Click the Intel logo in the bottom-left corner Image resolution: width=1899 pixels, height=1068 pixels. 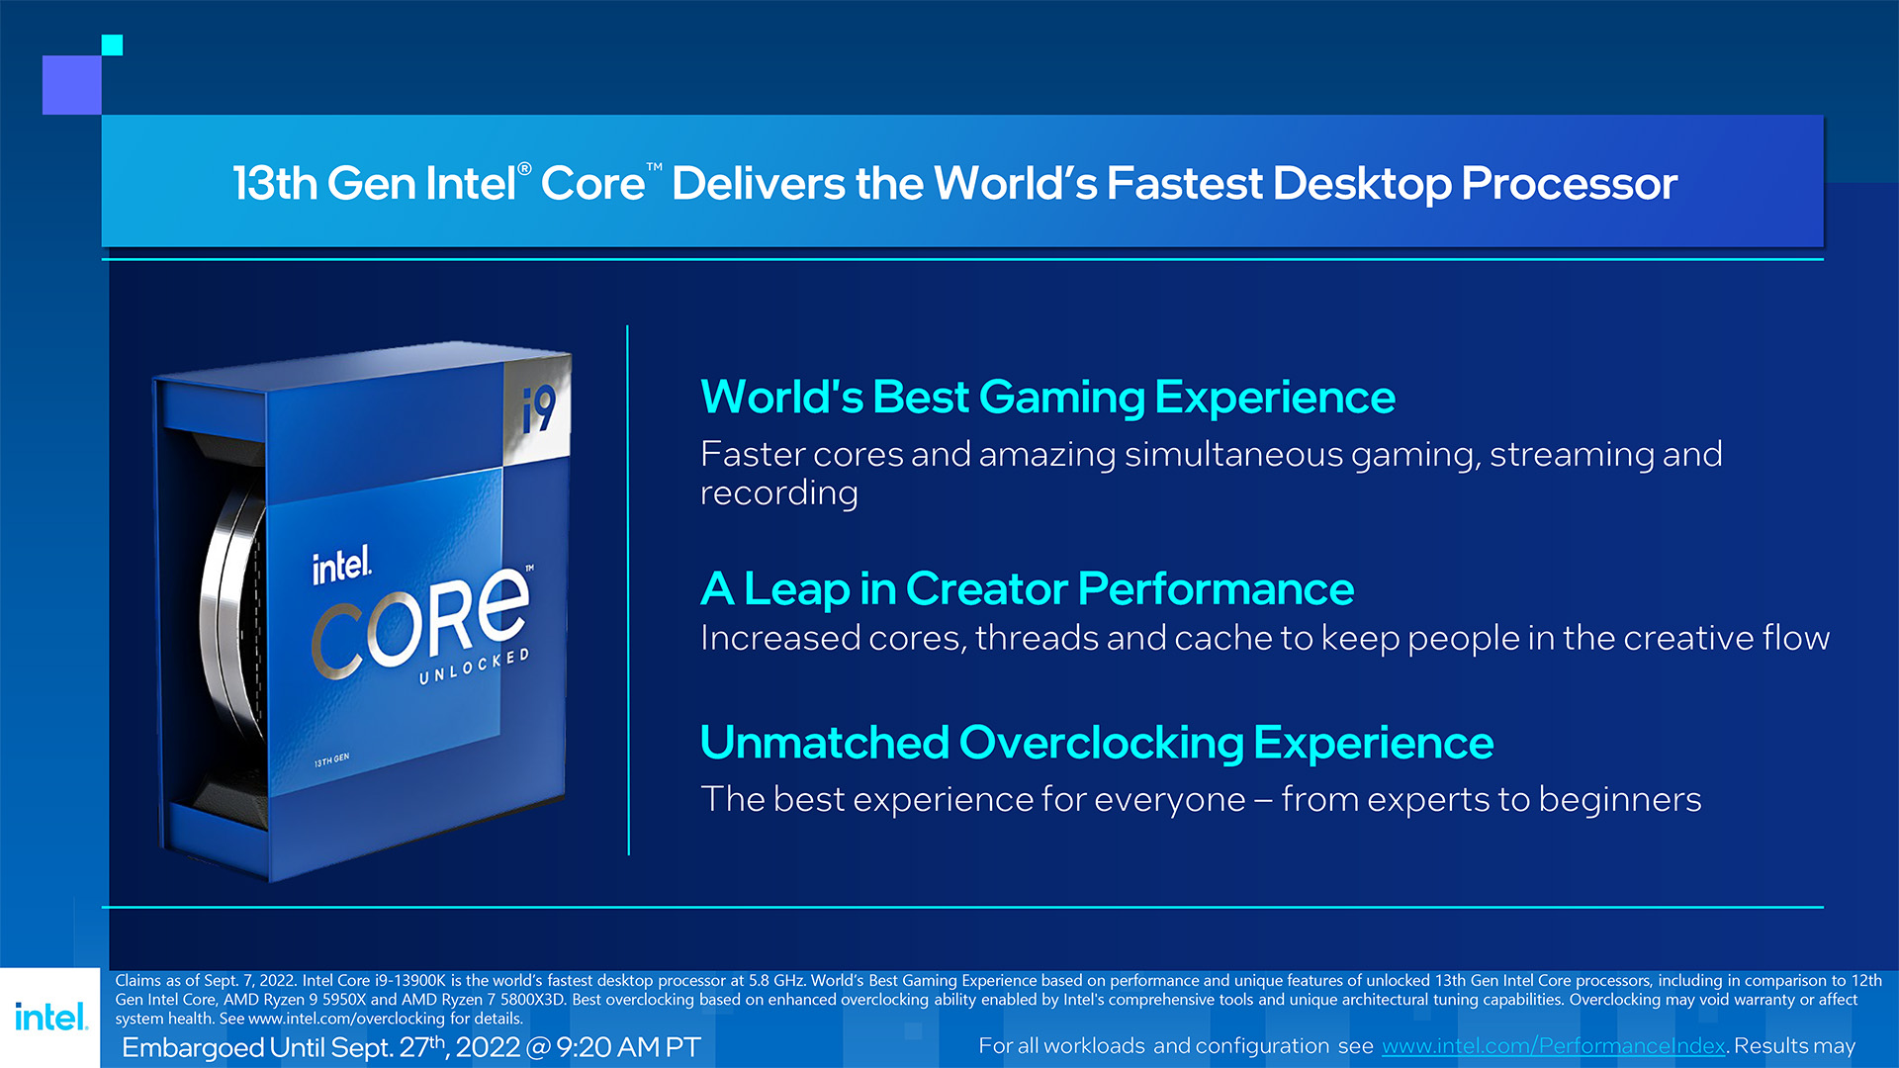(51, 1017)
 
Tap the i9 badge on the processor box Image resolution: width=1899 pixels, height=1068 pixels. (539, 409)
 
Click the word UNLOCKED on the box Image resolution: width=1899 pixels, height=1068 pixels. (475, 667)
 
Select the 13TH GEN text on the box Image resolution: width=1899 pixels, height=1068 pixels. (331, 760)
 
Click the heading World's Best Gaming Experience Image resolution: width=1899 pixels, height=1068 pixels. (1047, 398)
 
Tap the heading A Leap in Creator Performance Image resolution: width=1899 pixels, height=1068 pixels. (1027, 589)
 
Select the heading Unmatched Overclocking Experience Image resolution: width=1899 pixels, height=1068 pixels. (1096, 743)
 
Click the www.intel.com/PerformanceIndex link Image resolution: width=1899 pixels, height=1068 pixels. (1553, 1046)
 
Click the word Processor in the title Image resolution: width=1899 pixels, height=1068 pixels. (1570, 184)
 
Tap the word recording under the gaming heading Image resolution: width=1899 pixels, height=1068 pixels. (779, 493)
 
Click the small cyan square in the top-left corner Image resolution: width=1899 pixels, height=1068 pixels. (112, 44)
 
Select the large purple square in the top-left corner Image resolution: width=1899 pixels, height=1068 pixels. (72, 85)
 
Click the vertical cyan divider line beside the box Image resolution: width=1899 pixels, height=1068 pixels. (628, 589)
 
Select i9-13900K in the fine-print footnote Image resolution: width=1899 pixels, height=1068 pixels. (410, 981)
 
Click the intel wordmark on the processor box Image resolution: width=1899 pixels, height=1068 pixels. (342, 567)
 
